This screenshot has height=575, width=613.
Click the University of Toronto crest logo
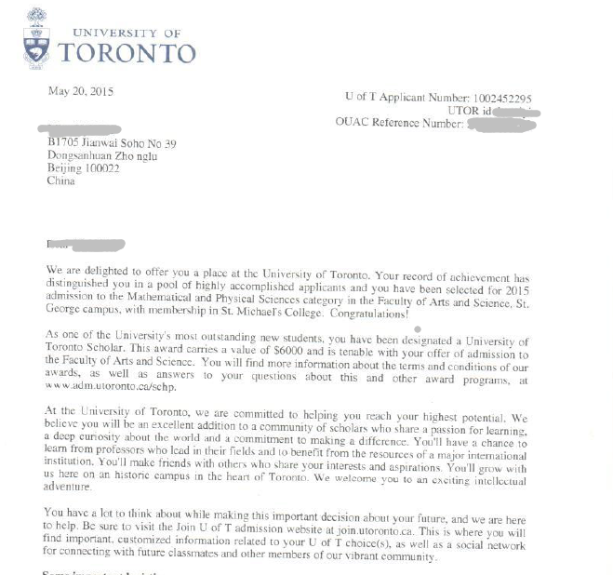point(36,38)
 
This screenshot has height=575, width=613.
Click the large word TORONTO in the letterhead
point(127,53)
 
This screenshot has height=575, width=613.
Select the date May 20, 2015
point(81,91)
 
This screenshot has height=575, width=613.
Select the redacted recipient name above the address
point(79,129)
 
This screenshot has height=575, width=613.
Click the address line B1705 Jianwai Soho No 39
point(111,143)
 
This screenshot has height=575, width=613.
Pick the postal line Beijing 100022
point(83,168)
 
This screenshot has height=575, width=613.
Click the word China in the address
point(60,181)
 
